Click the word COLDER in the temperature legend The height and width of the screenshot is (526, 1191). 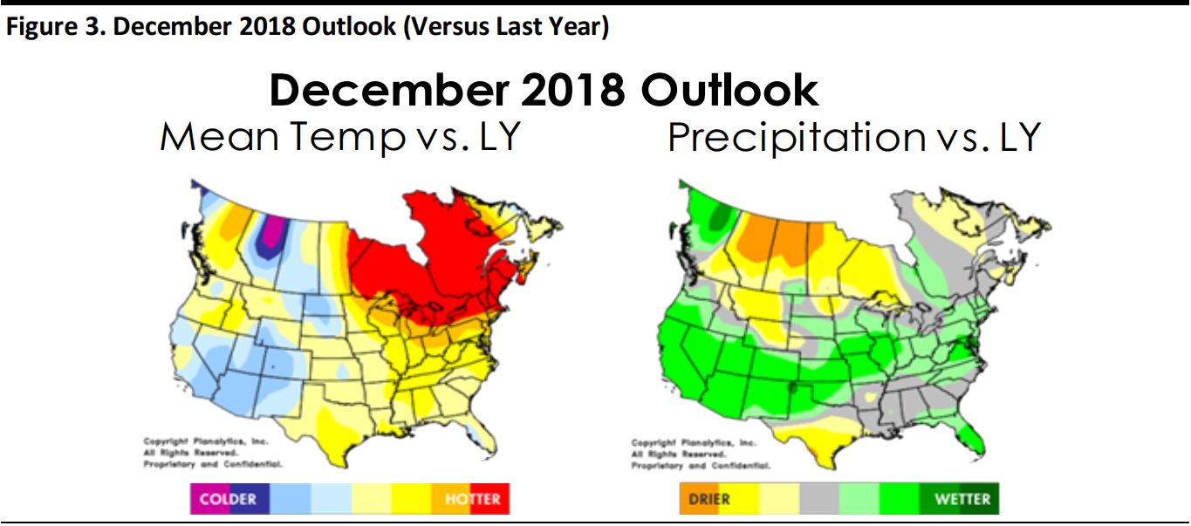tap(228, 499)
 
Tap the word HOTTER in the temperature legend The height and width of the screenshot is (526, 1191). tap(472, 499)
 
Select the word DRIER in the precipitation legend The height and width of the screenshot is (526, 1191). tap(708, 499)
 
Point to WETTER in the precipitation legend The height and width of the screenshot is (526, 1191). tap(962, 499)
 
